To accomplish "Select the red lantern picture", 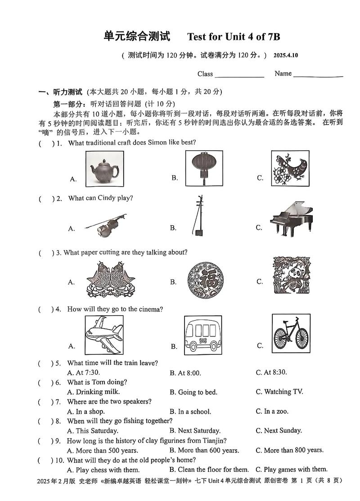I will [x=203, y=167].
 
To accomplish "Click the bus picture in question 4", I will [x=203, y=335].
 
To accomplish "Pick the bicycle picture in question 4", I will [x=291, y=333].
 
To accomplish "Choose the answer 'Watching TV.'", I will [x=279, y=392].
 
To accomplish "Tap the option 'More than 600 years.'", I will [x=204, y=450].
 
